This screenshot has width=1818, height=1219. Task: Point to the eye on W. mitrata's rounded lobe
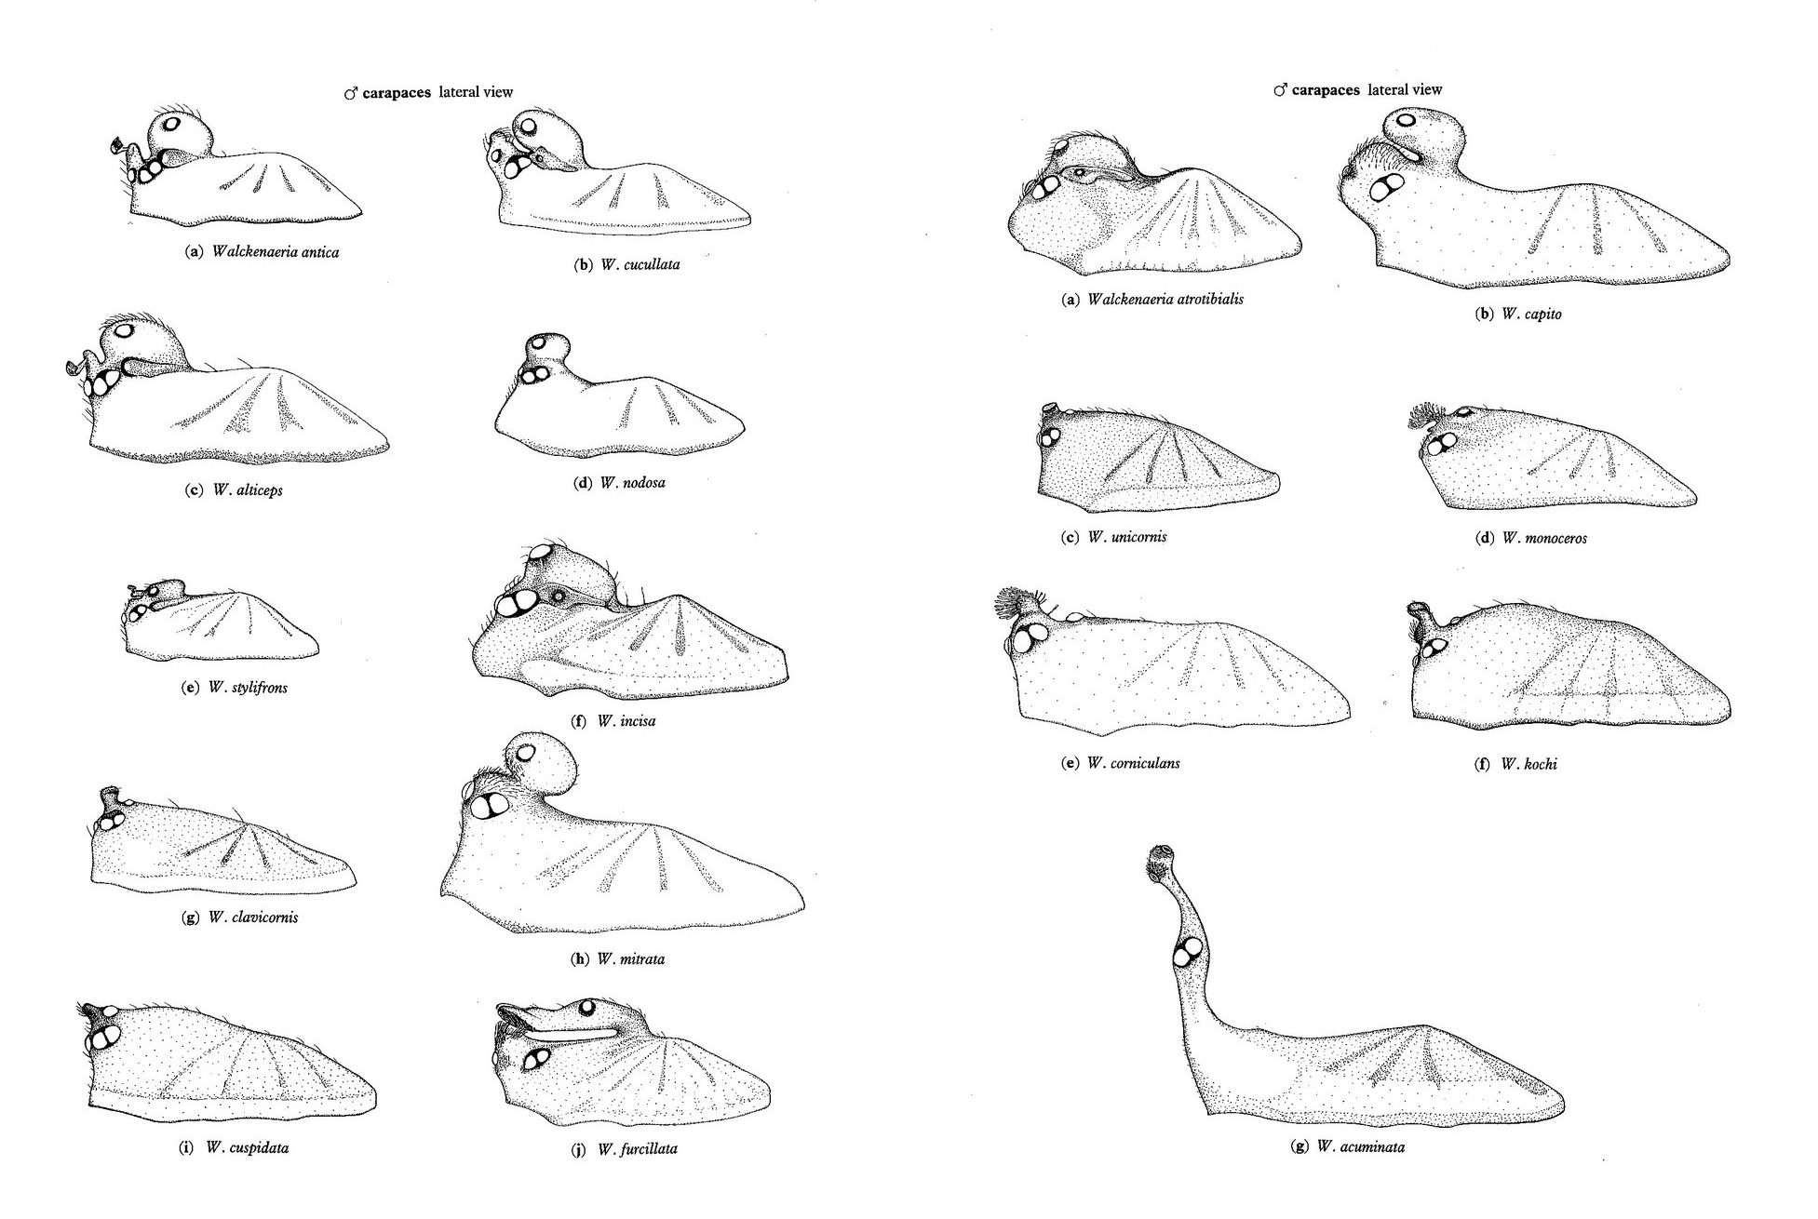coord(528,752)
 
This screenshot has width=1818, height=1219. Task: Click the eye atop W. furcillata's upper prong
coord(587,1007)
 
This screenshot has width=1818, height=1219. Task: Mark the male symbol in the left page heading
coord(351,93)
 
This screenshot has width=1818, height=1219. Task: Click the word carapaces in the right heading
coord(1326,90)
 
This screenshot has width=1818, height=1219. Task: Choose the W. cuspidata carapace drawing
coord(230,1062)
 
